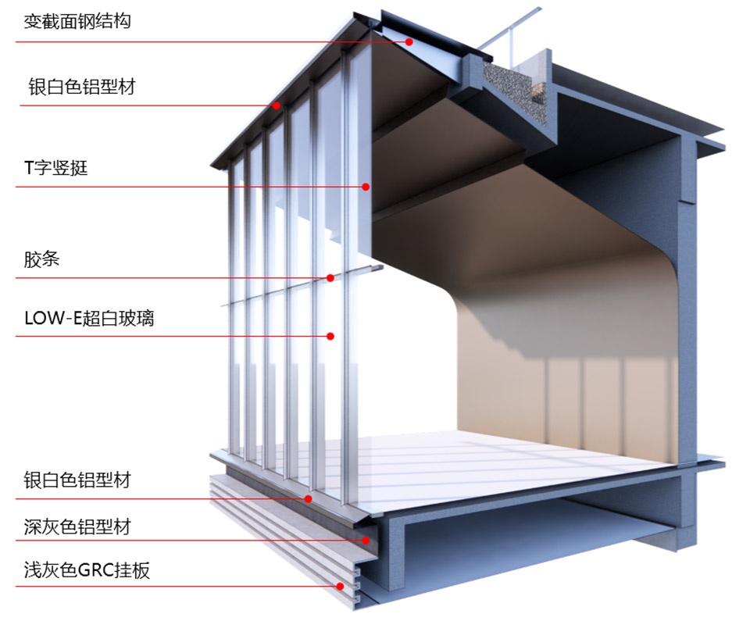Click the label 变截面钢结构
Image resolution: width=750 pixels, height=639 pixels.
[77, 20]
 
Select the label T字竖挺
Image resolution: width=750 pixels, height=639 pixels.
[55, 167]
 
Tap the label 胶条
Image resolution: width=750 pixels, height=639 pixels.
[41, 260]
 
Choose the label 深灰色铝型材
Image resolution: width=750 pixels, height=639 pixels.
[77, 527]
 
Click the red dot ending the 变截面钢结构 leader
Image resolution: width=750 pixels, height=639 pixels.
[409, 41]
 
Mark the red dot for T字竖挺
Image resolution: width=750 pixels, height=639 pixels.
[365, 187]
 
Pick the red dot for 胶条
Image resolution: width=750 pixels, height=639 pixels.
[330, 277]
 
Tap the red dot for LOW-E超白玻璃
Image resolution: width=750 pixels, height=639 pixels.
[330, 336]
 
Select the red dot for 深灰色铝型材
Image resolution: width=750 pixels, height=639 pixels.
[365, 539]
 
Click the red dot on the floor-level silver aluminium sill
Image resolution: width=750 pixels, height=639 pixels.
[309, 498]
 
